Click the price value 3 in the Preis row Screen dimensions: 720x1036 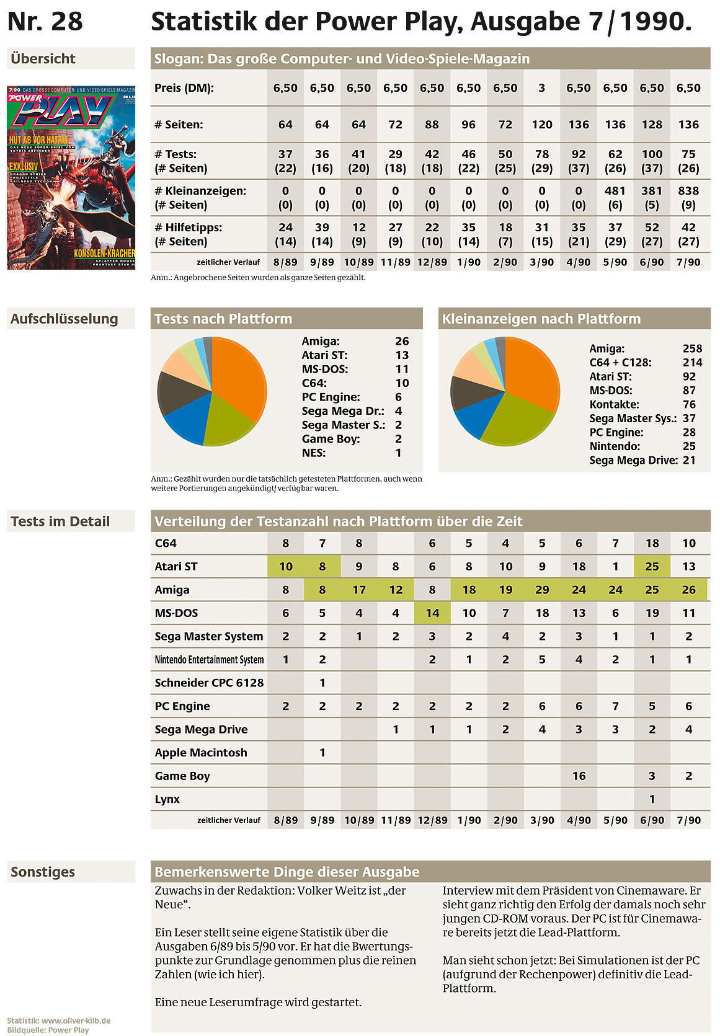click(541, 88)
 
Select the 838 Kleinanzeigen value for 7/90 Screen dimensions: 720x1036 click(688, 190)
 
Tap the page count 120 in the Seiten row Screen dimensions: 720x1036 click(541, 125)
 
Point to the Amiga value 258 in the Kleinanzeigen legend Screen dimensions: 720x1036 click(692, 348)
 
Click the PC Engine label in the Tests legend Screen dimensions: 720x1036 click(331, 397)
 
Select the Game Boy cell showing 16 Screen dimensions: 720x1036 click(579, 776)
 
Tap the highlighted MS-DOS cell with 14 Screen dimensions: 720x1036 click(432, 613)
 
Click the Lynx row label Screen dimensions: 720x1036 click(167, 799)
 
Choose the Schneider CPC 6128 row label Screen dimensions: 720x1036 click(209, 683)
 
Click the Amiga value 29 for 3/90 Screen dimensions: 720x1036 click(542, 590)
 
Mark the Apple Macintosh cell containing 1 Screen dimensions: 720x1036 click(322, 753)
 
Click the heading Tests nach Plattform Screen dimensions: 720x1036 click(223, 319)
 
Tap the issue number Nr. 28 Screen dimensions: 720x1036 click(45, 21)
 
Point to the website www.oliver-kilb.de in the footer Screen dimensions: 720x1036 click(76, 1021)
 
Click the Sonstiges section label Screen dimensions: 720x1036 click(43, 872)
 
